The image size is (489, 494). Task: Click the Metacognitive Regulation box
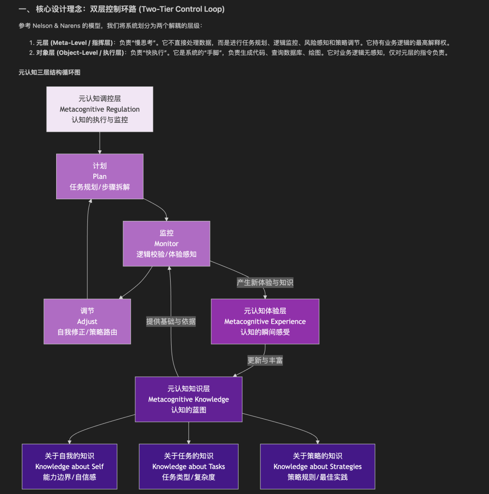click(100, 109)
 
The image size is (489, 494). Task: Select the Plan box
click(100, 176)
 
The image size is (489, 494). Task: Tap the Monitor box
click(166, 243)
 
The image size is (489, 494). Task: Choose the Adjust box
click(87, 321)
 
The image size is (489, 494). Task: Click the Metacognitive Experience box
click(265, 321)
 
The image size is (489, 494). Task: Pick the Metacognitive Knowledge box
click(188, 399)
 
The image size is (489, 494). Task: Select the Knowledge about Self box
click(69, 466)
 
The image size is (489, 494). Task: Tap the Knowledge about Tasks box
click(188, 466)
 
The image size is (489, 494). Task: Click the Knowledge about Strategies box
click(317, 466)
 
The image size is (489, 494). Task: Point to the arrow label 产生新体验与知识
click(265, 283)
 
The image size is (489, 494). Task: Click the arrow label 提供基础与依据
click(171, 321)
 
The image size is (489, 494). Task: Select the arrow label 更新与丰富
click(265, 360)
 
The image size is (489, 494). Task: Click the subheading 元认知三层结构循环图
click(49, 72)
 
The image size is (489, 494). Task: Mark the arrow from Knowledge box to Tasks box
click(188, 432)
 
